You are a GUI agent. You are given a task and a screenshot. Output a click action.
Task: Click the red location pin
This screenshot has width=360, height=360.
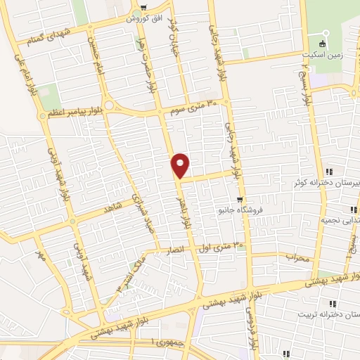coord(181,165)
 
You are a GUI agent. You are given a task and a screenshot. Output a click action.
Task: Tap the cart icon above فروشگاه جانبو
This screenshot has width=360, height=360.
coord(240,200)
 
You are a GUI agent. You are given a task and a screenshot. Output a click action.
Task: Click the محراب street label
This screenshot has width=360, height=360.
coord(298,258)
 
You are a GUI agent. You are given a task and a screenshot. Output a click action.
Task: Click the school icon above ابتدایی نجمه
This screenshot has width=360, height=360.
coord(353,209)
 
